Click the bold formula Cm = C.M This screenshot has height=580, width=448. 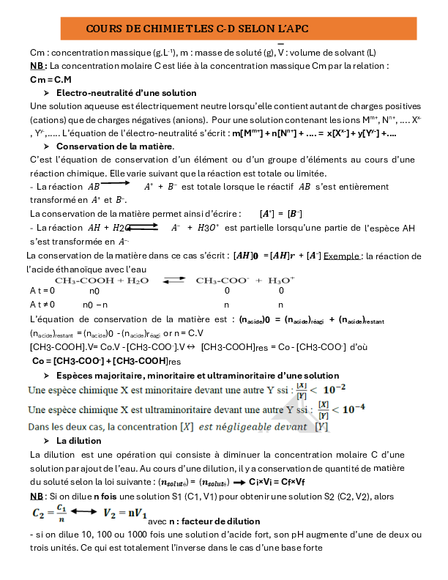(51, 79)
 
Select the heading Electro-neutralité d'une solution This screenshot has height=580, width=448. (126, 93)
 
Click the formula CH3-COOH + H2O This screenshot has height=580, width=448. (102, 280)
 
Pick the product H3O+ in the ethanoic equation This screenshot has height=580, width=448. (281, 280)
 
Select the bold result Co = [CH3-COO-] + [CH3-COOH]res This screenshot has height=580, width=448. (106, 361)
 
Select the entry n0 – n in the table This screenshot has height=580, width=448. (95, 304)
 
